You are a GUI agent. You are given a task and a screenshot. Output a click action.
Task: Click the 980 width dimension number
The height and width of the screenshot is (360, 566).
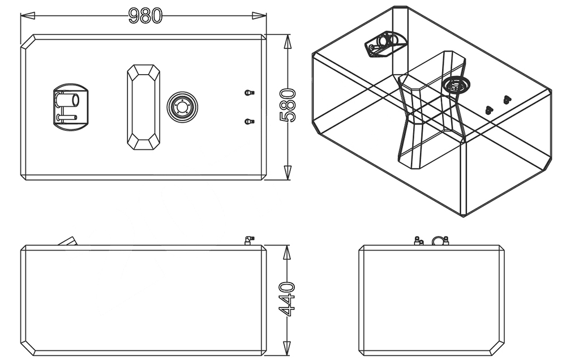(145, 15)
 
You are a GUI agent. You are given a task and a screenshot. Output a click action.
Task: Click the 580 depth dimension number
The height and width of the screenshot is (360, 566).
(288, 105)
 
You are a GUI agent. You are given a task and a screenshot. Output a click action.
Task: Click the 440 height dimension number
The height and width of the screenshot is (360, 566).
(288, 298)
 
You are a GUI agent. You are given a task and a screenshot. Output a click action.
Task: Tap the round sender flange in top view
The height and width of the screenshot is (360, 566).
(182, 106)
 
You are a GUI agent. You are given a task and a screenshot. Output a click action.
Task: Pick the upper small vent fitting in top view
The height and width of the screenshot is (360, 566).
(248, 92)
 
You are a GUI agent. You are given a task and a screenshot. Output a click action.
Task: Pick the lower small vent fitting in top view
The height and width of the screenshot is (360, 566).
(248, 121)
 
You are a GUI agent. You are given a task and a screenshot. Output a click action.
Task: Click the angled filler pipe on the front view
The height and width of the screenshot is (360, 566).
(68, 241)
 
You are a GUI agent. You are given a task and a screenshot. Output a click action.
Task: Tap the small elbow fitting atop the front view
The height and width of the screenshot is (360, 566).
(248, 241)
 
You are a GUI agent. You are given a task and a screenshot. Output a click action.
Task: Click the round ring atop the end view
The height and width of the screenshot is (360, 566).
(438, 241)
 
